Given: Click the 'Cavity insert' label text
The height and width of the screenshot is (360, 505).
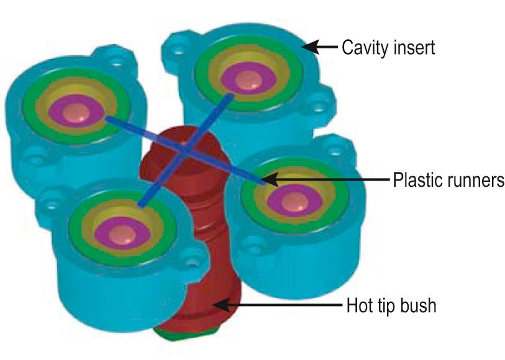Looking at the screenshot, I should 388,47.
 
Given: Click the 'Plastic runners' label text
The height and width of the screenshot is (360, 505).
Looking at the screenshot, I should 447,181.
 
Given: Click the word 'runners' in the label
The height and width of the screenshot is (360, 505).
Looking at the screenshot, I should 475,181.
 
